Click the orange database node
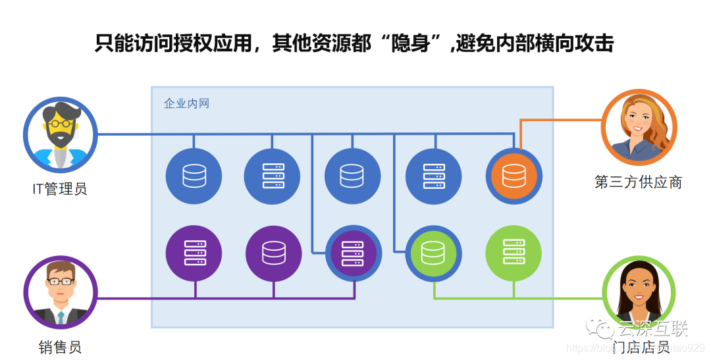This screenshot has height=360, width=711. tap(513, 176)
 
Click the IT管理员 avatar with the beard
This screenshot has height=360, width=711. tap(60, 134)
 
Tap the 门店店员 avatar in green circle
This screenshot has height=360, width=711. tap(639, 294)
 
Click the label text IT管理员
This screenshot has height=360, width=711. tap(60, 190)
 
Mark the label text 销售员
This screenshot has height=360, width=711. tap(60, 347)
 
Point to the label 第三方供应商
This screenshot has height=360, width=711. tap(638, 182)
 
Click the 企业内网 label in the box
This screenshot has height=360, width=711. tap(186, 103)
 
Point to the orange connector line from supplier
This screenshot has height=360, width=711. tap(560, 120)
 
